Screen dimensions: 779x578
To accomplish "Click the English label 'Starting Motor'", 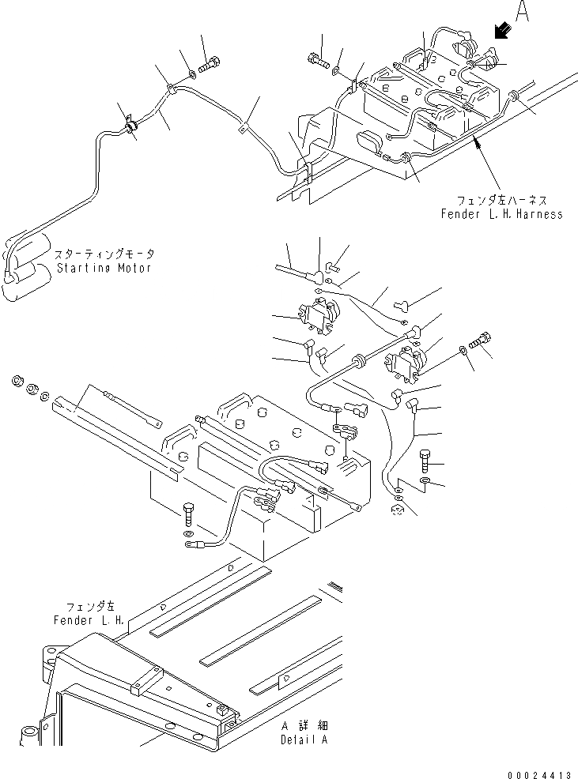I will tap(106, 268).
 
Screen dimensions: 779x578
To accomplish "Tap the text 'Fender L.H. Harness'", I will tap(502, 214).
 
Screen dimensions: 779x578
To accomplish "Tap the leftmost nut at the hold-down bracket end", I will tap(17, 382).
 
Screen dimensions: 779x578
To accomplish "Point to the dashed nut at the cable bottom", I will tap(399, 513).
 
